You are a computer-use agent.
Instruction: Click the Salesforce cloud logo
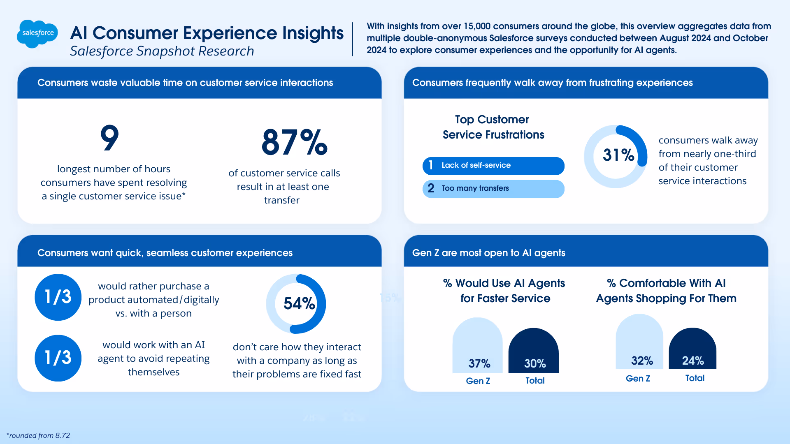coord(37,33)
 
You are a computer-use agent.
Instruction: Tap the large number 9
coord(109,138)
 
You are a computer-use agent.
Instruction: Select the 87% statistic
coord(294,142)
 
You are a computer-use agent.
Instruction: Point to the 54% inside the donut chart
coord(299,304)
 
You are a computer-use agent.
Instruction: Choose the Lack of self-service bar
coord(493,166)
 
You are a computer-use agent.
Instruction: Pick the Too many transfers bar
coord(493,189)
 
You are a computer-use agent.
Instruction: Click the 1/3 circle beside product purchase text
coord(58,297)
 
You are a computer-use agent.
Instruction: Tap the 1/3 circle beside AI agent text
coord(58,358)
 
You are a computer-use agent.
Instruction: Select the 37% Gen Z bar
coord(477,346)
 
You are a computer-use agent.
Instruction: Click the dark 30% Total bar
coord(534,351)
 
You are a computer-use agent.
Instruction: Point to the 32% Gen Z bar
coord(639,342)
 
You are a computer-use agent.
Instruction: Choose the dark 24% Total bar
coord(692,349)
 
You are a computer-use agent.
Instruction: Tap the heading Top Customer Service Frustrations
coord(493,127)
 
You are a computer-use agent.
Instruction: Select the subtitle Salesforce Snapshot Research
coord(162,51)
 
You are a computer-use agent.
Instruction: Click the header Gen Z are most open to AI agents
coord(488,253)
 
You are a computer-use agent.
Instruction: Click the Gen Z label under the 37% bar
coord(478,381)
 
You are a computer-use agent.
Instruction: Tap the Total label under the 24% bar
coord(695,378)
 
